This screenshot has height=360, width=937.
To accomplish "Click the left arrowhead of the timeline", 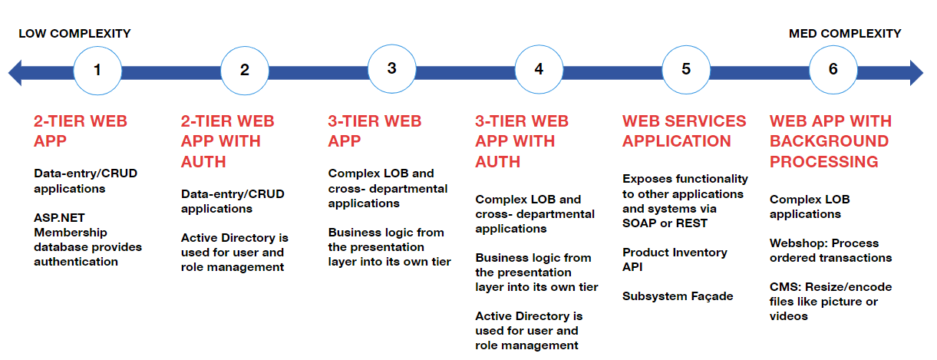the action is [x=15, y=73].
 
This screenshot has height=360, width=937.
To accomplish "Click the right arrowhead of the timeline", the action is [x=916, y=73].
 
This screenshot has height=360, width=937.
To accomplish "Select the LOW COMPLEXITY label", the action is [x=74, y=34].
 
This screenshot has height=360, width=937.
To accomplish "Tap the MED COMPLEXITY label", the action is [x=845, y=34].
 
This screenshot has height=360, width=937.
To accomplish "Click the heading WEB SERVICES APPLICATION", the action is [x=684, y=131].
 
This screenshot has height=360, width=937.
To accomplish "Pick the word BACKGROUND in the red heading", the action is [x=829, y=141].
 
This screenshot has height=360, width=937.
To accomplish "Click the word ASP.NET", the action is [x=59, y=218].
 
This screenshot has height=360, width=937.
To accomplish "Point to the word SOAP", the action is [x=639, y=223].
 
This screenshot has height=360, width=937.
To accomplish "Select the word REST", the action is [x=692, y=223].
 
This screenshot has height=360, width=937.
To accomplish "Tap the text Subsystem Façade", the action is [x=678, y=296].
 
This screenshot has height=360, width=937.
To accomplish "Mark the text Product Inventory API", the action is [x=675, y=259].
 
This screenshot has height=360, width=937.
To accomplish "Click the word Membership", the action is [x=71, y=233].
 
